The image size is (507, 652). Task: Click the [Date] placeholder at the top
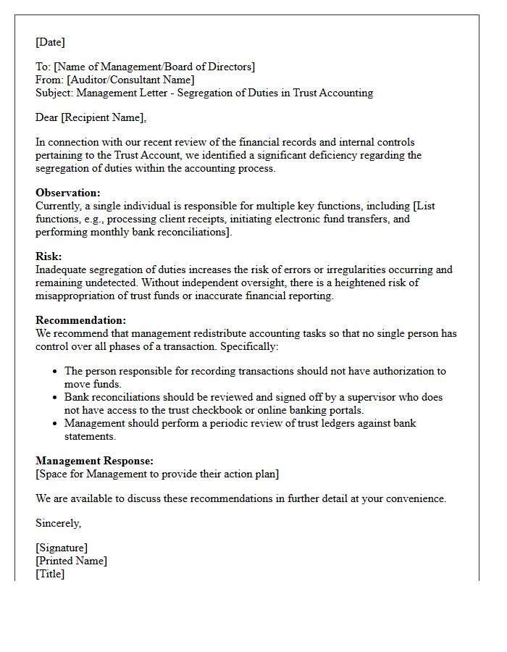[x=50, y=42]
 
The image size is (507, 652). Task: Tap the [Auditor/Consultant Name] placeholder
[x=130, y=80]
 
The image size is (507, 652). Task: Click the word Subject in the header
[x=54, y=93]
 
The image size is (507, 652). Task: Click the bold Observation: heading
[x=68, y=193]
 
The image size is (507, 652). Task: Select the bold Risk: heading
[x=49, y=256]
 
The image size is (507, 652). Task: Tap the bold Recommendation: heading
[x=80, y=320]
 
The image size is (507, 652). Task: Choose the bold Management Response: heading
[x=94, y=461]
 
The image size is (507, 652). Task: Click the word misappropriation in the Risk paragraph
[x=73, y=296]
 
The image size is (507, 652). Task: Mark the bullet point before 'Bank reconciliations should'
[x=56, y=398]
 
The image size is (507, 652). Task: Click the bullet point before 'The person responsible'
[x=56, y=372]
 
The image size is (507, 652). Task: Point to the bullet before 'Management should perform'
[x=56, y=424]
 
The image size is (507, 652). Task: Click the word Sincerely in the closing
[x=58, y=523]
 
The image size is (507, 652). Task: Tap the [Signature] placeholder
[x=62, y=548]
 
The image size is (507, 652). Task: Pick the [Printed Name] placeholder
[x=71, y=561]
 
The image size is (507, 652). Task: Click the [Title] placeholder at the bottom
[x=50, y=574]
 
